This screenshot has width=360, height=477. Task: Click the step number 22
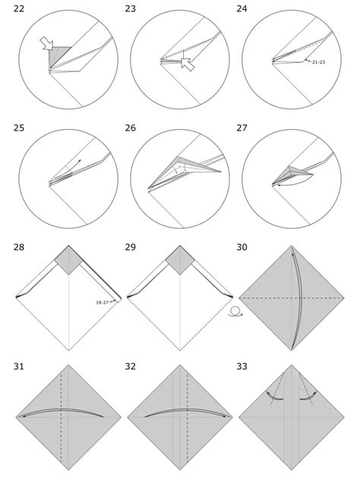[20, 8]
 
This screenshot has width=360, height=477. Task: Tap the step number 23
[131, 8]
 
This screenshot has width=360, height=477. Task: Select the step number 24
[243, 8]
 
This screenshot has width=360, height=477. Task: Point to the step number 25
[20, 128]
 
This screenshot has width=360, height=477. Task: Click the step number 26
[131, 128]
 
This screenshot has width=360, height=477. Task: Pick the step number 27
[243, 128]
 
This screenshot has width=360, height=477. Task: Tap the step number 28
[20, 248]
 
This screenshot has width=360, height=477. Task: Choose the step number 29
[131, 248]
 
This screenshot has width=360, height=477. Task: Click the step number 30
[243, 248]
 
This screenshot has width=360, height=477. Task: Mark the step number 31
[20, 368]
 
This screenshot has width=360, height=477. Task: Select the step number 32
[131, 368]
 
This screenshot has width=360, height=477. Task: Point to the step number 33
[243, 368]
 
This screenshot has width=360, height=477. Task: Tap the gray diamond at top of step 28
[68, 261]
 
